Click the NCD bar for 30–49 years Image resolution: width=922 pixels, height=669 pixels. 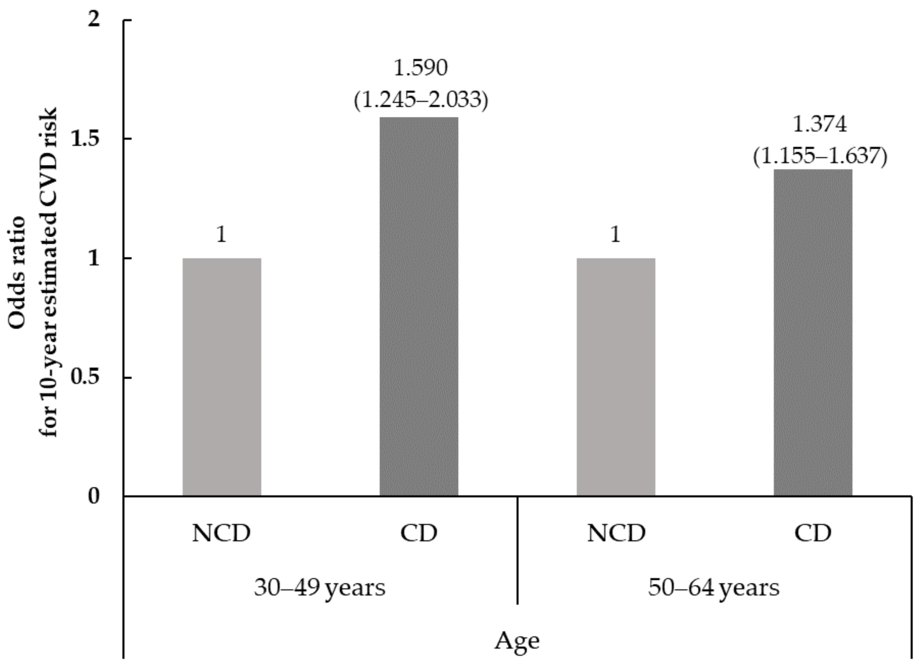coord(222,377)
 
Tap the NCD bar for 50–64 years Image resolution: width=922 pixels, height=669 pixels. coord(616,377)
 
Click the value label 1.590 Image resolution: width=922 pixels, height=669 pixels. coord(421,68)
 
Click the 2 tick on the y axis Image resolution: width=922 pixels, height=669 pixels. coord(94,20)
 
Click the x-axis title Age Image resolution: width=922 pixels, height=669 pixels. coord(517,642)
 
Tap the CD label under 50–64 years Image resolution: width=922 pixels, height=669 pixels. coord(813,533)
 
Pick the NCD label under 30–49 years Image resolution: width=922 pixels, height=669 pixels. coord(222,533)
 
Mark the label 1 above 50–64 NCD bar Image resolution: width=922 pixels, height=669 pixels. coord(616,235)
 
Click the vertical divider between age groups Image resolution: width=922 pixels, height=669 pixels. coord(517,550)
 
